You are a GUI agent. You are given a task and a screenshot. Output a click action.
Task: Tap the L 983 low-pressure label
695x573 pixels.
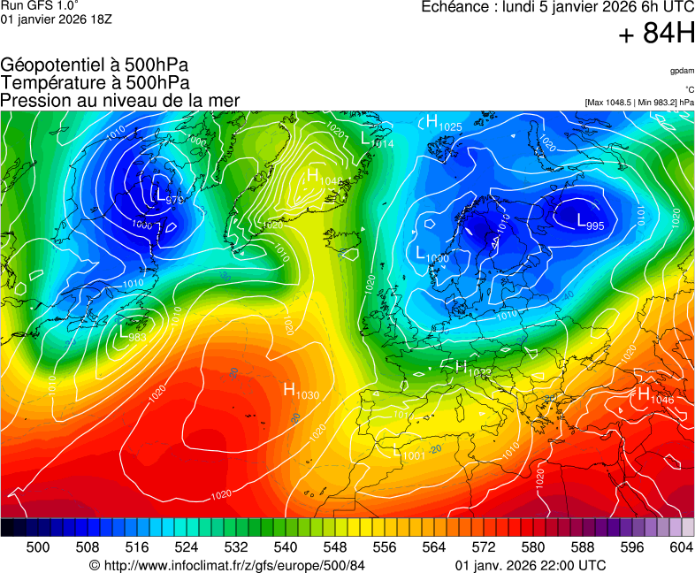coord(132,332)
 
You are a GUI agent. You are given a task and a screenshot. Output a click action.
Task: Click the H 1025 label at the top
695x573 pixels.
coord(443,123)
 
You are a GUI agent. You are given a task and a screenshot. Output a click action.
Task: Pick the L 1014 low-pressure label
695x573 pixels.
coord(377,140)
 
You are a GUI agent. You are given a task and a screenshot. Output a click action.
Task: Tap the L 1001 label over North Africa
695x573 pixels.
coord(408,452)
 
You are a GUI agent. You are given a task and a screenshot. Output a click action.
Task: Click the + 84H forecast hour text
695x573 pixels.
coord(656,34)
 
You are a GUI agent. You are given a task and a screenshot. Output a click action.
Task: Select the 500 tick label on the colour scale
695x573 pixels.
coord(38,548)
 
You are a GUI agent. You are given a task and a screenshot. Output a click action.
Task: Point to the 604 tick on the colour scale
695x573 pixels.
coord(681,548)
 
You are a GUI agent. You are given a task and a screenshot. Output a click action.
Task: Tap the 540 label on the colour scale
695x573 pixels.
coord(285,548)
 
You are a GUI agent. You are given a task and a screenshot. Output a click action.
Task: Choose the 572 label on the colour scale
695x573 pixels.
coord(483,548)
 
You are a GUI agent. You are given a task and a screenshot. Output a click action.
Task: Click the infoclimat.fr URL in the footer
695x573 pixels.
coord(227,565)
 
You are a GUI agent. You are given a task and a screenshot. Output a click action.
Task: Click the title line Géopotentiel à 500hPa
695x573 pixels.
coord(95,65)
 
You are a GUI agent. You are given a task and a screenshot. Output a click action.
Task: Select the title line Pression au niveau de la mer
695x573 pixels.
coord(120,100)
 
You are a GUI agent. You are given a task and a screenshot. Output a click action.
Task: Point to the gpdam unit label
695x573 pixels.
coord(681,71)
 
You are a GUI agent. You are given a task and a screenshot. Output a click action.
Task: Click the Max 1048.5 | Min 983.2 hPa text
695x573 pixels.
coord(639,103)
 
